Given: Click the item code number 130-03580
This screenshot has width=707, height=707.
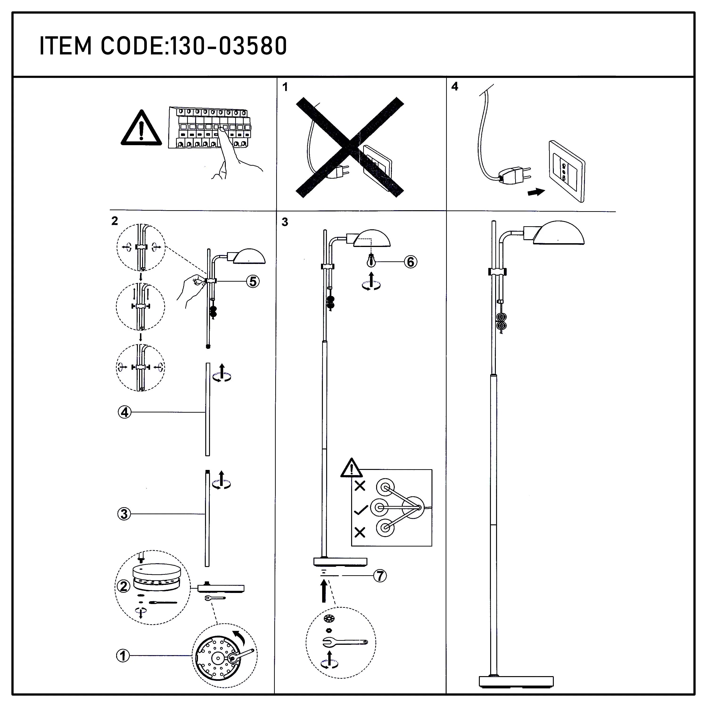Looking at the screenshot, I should pos(229,46).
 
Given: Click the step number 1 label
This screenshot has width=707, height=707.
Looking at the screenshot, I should pos(285,87).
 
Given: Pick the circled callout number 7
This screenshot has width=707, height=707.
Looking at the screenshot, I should pos(380,576).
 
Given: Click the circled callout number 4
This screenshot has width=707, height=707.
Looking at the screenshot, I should pos(124,412).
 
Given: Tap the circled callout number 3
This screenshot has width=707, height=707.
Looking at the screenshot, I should pos(124,514).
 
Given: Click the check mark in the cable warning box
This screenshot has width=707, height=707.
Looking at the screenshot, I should pos(361,510).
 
